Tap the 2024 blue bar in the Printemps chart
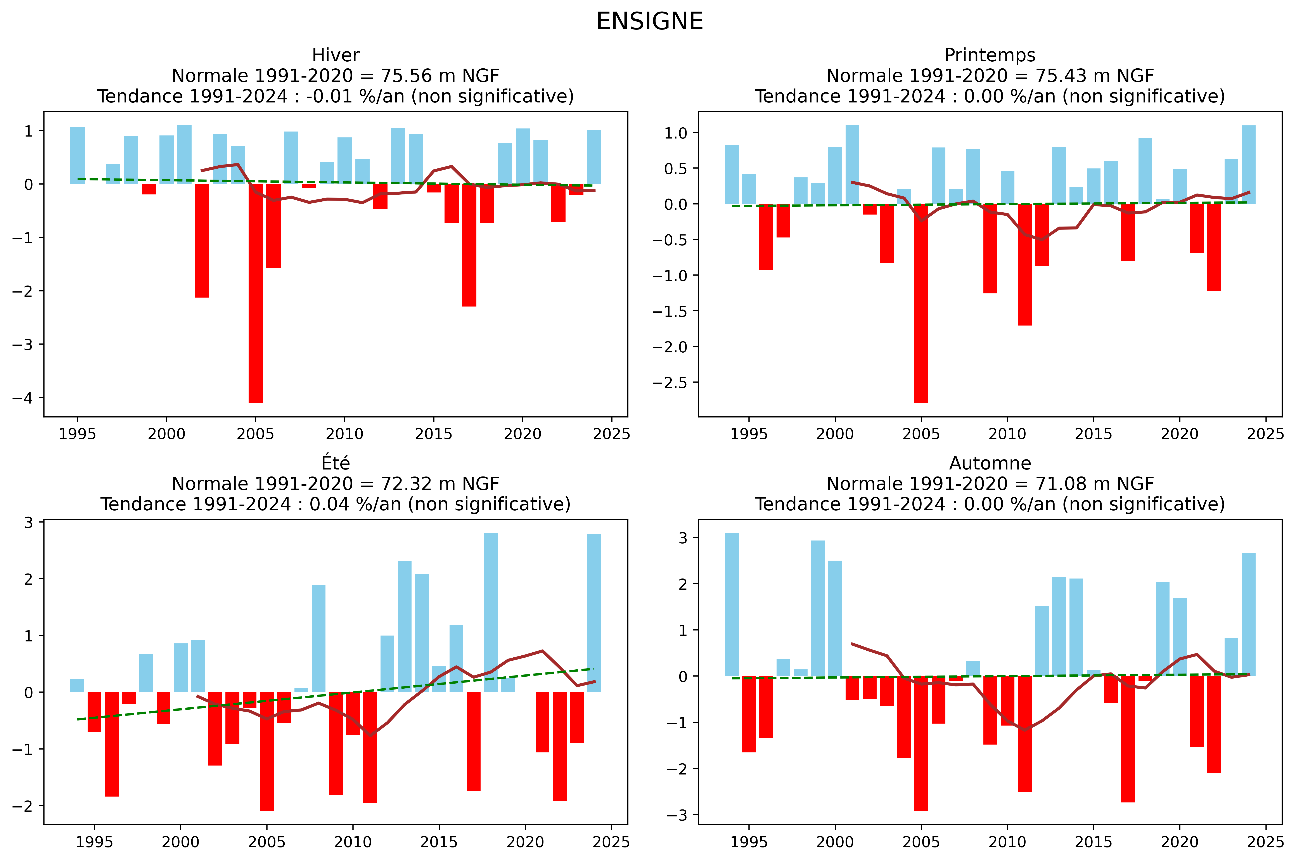click(1248, 165)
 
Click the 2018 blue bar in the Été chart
click(491, 612)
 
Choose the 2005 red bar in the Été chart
click(267, 751)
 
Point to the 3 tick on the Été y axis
click(29, 522)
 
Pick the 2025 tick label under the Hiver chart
click(611, 434)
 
